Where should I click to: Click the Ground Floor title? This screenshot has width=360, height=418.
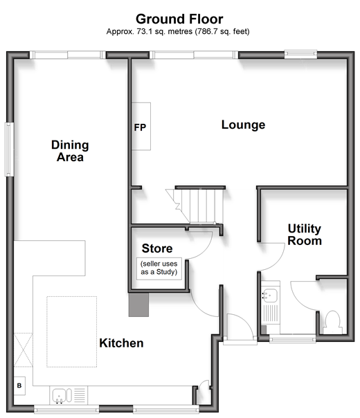(179, 19)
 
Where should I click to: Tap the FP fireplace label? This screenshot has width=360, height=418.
(140, 127)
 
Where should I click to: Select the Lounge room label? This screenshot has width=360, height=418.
(243, 125)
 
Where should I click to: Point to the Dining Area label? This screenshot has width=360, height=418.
(70, 151)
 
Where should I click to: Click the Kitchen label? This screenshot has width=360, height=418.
(121, 343)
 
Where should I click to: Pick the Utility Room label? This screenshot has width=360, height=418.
(305, 235)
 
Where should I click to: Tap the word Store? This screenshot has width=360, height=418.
(157, 248)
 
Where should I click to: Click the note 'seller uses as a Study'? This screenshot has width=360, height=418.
(159, 268)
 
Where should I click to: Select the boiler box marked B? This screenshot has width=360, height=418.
(19, 385)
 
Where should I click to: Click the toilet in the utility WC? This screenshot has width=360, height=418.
(332, 322)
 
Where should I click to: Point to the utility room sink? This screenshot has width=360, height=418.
(269, 295)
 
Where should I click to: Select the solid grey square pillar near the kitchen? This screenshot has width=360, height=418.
(138, 305)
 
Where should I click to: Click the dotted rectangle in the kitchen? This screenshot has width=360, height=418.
(72, 331)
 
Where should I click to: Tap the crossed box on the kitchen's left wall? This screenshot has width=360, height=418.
(24, 349)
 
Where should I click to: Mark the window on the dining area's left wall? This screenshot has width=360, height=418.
(9, 149)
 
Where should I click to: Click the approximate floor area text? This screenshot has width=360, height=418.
(178, 31)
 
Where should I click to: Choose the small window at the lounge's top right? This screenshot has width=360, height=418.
(300, 55)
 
